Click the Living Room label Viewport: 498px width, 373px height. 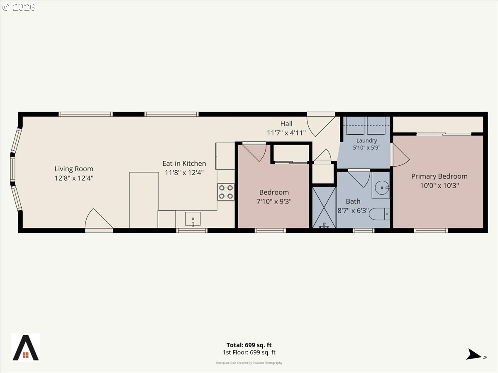click(74, 169)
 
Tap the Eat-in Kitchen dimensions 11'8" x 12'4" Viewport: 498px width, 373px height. click(184, 173)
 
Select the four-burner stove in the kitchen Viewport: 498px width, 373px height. click(226, 192)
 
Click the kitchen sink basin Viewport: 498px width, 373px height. click(193, 219)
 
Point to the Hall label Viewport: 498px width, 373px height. click(286, 124)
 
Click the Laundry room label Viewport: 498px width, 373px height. click(366, 140)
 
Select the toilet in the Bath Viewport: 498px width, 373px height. click(379, 214)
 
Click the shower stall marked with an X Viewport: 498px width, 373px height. click(324, 207)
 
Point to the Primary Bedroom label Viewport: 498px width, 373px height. click(439, 176)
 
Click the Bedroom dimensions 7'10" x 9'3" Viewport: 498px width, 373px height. click(274, 201)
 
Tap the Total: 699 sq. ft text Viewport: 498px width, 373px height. click(249, 345)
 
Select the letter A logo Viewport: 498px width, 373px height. click(26, 347)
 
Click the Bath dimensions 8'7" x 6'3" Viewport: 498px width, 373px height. click(353, 211)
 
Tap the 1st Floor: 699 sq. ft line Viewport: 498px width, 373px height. click(249, 352)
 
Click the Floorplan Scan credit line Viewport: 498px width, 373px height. click(249, 363)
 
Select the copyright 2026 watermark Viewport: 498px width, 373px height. click(18, 7)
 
